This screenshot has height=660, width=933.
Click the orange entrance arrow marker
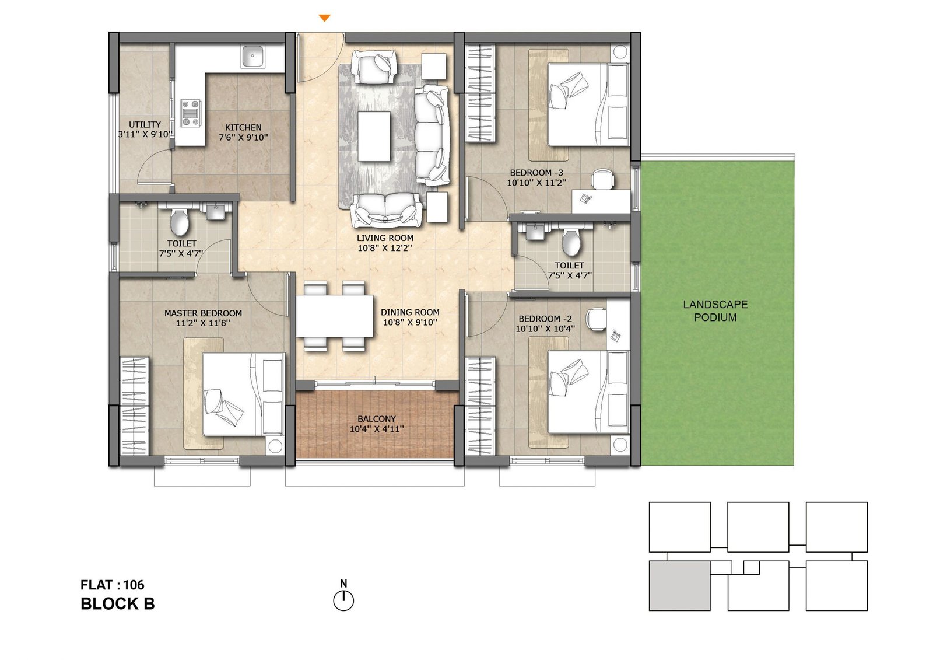[x=324, y=19]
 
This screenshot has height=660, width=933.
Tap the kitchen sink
[x=253, y=57]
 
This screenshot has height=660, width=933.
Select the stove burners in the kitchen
[x=191, y=113]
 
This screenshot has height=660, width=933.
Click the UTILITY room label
[x=145, y=124]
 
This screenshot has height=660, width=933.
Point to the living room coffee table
[x=374, y=137]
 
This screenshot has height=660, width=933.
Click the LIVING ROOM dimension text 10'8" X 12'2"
[x=385, y=248]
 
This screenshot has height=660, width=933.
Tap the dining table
[x=334, y=316]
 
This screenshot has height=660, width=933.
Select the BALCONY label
[x=377, y=419]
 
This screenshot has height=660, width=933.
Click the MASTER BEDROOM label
[x=203, y=313]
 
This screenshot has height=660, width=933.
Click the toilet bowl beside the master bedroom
[x=180, y=222]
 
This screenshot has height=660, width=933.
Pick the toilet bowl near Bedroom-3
[x=571, y=241]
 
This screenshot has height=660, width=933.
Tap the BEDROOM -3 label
[x=536, y=173]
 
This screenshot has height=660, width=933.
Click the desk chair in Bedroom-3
[x=603, y=178]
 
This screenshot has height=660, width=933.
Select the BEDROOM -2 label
[x=545, y=319]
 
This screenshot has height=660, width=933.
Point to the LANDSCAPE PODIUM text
[x=715, y=311]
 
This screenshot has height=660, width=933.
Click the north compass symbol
[x=343, y=600]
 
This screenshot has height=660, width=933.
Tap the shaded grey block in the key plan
[x=679, y=586]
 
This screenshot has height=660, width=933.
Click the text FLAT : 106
[x=113, y=585]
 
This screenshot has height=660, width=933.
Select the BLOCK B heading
[x=118, y=604]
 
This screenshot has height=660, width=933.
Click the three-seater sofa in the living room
[x=432, y=135]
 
